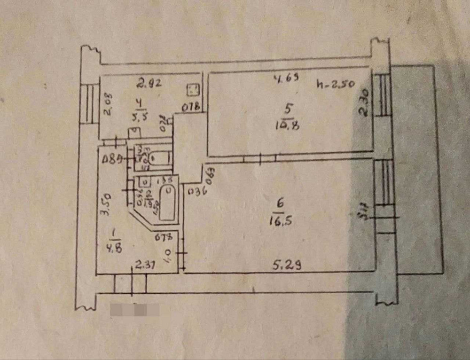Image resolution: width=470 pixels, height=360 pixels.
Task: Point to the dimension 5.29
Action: (287, 266)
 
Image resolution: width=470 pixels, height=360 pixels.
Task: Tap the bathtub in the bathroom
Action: (167, 203)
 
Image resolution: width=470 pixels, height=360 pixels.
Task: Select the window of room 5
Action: (384, 94)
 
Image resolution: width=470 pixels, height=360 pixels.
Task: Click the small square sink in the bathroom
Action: (145, 181)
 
